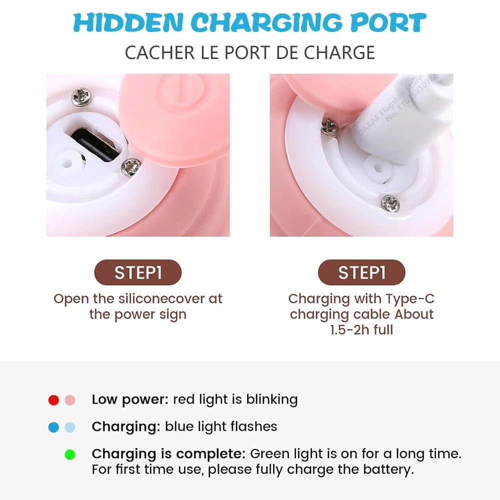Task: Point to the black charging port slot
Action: pyautogui.click(x=95, y=144)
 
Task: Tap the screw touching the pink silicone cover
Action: pyautogui.click(x=131, y=166)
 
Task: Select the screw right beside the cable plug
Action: pyautogui.click(x=329, y=127)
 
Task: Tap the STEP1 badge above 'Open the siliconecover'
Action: pyautogui.click(x=137, y=272)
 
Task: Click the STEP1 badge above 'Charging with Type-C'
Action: pyautogui.click(x=361, y=272)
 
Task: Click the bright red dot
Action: pyautogui.click(x=53, y=400)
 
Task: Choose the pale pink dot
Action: pyautogui.click(x=70, y=400)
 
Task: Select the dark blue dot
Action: pyautogui.click(x=53, y=427)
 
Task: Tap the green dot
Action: pyautogui.click(x=70, y=455)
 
